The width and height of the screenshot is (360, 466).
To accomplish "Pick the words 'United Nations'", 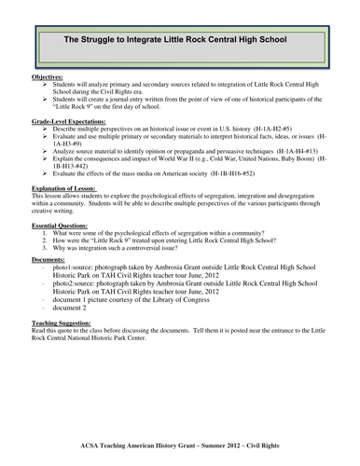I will click(x=273, y=170).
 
